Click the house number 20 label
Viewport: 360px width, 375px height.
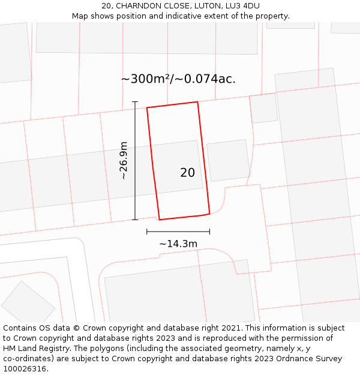coord(187,173)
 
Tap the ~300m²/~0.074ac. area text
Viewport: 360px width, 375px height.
coord(178,79)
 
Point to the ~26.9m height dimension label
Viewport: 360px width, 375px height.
coord(124,161)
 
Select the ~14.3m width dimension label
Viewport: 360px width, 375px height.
coord(178,244)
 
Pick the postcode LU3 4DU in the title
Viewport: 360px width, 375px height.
coord(241,6)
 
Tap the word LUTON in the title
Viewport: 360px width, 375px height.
coord(205,6)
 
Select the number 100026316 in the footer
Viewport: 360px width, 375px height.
coord(23,369)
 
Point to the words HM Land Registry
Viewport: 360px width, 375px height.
coord(32,349)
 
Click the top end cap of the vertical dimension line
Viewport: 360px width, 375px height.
coord(135,102)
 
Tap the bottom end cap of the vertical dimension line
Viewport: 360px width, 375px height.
coord(135,220)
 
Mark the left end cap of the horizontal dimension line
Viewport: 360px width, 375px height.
coord(147,232)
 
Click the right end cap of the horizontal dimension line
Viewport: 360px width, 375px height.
coord(209,232)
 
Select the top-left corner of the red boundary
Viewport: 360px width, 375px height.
coord(147,108)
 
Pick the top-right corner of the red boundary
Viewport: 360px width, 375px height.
coord(197,102)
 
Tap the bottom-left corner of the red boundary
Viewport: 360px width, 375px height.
coord(160,220)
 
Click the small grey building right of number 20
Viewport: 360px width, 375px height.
coord(228,160)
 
